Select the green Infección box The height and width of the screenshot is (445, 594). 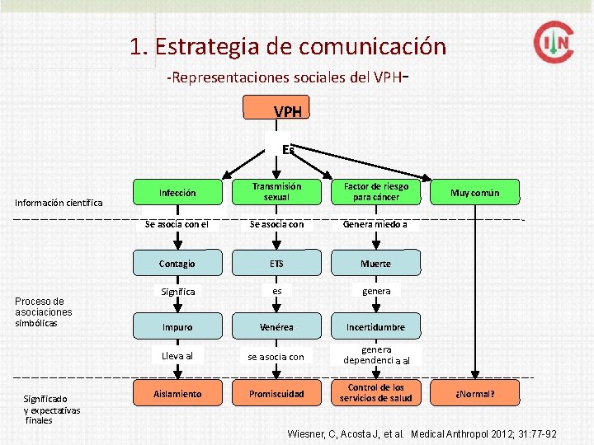pos(177,193)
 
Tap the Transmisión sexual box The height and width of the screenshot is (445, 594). pos(276,192)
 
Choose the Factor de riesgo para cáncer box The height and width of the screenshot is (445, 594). pos(375,192)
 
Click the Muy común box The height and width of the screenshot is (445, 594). pos(474,193)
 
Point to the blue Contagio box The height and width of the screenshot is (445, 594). pos(177,264)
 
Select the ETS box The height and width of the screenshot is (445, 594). pos(276,264)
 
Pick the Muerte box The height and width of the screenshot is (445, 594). pos(375,264)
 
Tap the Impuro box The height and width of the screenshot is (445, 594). pos(177,327)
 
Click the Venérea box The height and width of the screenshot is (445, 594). pos(276,327)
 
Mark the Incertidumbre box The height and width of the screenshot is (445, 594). pos(375,327)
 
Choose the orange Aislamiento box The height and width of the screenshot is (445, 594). pos(177,394)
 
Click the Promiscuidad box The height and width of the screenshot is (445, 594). pos(276,394)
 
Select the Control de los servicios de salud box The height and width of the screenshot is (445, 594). pos(375,393)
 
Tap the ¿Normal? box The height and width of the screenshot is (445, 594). pos(474,394)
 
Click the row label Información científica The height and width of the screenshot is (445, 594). pos(59,203)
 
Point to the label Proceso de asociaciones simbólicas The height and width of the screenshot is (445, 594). pos(44,312)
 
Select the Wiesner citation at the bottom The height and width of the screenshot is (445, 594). pos(422,433)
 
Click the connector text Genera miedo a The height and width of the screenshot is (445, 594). pos(375,223)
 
